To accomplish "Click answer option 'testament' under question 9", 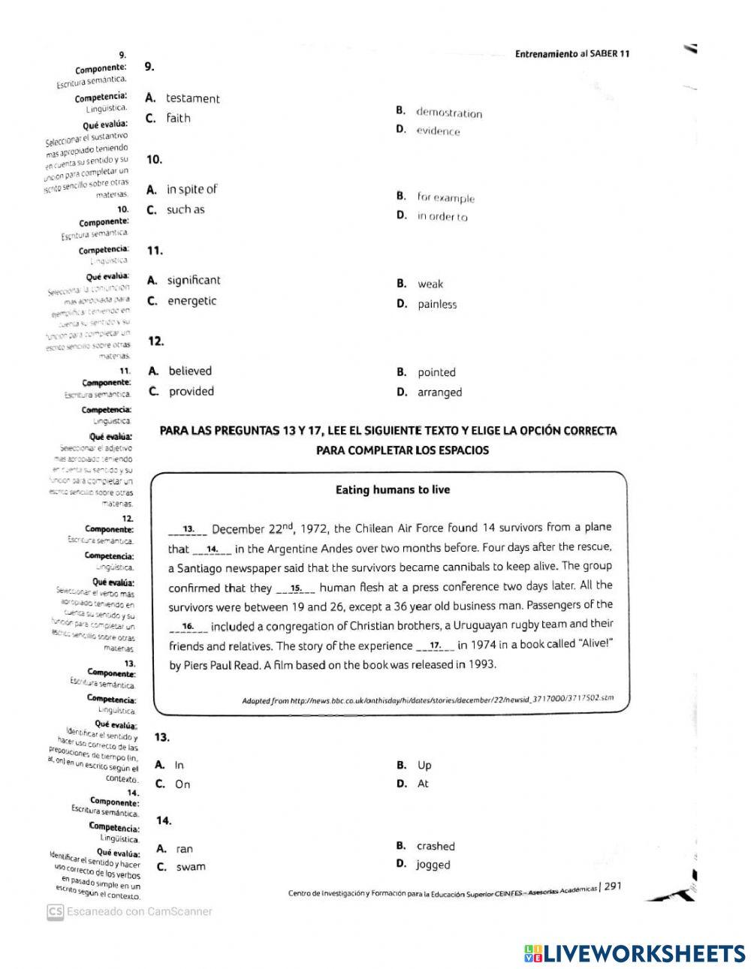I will click(192, 98).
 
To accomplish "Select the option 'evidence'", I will click(438, 131).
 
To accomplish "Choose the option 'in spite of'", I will click(192, 189).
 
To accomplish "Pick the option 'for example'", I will click(446, 198).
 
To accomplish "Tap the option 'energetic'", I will click(192, 301).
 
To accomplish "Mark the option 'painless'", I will click(437, 304).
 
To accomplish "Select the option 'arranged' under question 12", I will click(439, 392).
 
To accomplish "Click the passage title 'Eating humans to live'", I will click(393, 490).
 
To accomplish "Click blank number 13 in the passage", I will click(188, 528).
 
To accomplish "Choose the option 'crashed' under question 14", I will click(436, 846).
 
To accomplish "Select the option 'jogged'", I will click(433, 865).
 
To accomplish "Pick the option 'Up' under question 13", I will click(424, 766).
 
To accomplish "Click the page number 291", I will click(612, 886).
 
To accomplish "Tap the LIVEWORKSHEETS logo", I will click(635, 953).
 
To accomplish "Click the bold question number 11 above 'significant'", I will click(155, 250).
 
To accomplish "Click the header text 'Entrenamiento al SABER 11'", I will click(572, 53).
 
